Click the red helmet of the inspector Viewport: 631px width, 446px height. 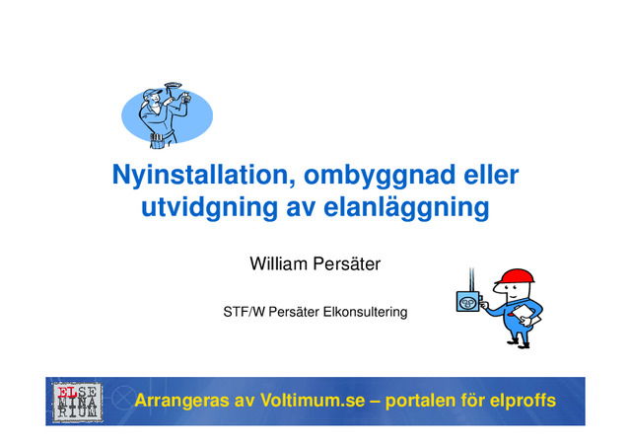point(513,275)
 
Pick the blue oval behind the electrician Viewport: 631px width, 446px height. point(197,113)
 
